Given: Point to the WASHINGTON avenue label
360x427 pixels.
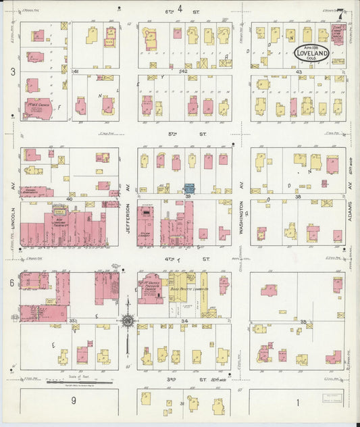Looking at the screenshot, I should coord(241,216).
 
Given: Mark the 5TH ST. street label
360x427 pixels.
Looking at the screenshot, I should coord(174,134).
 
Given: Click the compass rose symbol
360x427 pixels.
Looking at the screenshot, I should coord(127,321).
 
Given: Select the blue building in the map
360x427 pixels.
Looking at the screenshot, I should coord(190,189).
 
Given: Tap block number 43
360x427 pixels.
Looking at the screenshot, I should coord(299,71).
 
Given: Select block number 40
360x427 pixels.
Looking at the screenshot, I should coord(70,199).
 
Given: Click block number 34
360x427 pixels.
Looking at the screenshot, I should coord(184,321).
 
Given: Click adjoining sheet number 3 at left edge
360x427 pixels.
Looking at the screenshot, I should coord(11,71).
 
